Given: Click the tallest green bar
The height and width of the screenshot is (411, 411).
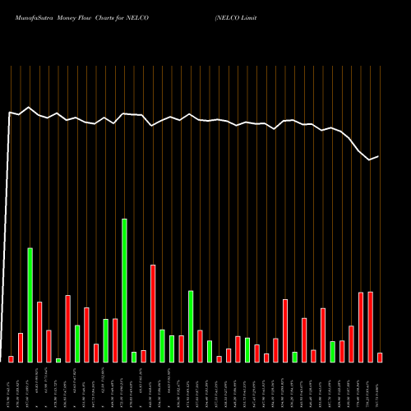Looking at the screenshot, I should click(124, 290).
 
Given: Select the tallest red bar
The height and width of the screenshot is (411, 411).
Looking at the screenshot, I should click(153, 313).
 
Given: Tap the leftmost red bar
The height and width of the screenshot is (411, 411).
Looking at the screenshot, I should click(12, 358).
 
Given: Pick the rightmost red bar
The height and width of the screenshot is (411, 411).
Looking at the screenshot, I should click(380, 357).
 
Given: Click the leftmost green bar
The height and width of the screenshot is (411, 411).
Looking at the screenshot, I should click(30, 304).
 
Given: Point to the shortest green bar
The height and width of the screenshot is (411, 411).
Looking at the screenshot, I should click(58, 360).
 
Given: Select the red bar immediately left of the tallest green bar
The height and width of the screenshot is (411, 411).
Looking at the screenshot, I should click(115, 339).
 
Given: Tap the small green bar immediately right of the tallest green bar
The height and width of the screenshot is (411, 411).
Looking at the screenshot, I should click(134, 357).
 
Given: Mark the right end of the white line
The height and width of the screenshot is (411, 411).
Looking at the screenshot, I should click(379, 156).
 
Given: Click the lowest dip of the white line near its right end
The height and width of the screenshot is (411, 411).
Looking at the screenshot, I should click(370, 159).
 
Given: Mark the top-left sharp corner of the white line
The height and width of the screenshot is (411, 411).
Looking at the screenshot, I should click(10, 113).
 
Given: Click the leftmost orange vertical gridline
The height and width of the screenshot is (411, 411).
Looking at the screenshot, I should click(12, 214).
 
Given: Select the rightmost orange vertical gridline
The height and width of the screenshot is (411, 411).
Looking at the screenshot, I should click(380, 214).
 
